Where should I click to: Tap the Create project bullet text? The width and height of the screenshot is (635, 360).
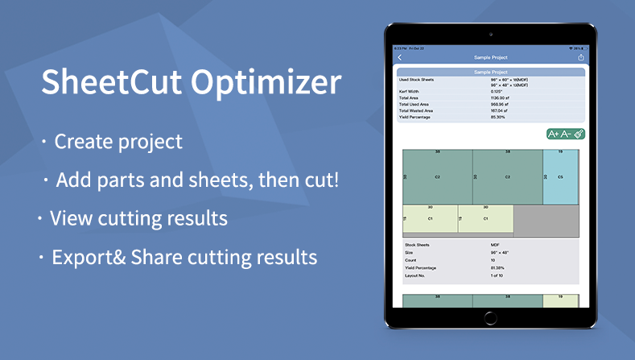[x=118, y=143]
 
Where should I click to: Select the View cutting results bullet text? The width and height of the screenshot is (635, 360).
[x=138, y=218]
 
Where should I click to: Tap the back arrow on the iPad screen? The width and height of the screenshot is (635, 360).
[x=401, y=58]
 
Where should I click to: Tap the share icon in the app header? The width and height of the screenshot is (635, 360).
[x=581, y=58]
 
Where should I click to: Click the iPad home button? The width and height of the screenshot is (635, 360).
[x=490, y=317]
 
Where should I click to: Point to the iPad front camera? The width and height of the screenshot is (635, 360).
[x=491, y=35]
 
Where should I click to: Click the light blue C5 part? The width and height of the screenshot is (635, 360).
[x=560, y=176]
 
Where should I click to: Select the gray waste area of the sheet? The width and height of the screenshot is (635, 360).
[x=546, y=219]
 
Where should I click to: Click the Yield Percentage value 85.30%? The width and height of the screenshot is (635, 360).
[x=499, y=117]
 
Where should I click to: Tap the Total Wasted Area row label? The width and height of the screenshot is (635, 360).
[x=419, y=110]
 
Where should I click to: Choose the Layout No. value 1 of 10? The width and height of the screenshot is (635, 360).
[x=498, y=275]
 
